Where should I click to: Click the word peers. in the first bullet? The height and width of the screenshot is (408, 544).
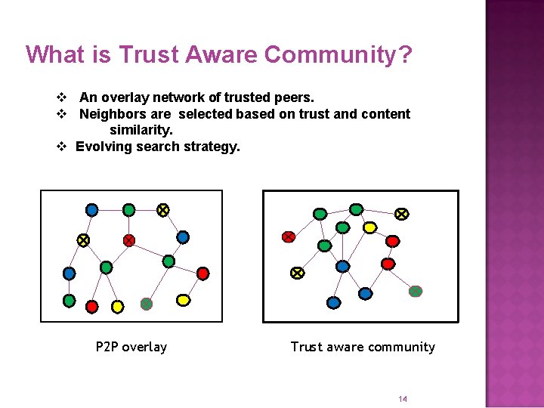pos(296,97)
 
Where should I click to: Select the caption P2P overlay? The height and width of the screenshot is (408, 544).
pos(131,347)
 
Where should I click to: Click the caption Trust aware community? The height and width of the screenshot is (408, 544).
pos(363,347)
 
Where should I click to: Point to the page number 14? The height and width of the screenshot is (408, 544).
pos(403,399)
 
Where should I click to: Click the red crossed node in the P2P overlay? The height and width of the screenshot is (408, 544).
pos(129,240)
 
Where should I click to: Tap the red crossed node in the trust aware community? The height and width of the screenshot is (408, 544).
pos(288,237)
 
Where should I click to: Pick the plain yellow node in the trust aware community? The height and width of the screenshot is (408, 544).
pos(369,227)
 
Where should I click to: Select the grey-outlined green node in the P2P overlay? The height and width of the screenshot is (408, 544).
pos(147,304)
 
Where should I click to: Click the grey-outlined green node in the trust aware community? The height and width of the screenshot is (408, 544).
pos(416,291)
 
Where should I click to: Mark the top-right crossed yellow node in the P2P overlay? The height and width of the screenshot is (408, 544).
pos(163,209)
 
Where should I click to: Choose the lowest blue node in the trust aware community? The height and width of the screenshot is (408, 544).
pos(333,302)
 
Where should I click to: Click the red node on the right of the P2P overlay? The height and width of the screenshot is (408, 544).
pos(202,273)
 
